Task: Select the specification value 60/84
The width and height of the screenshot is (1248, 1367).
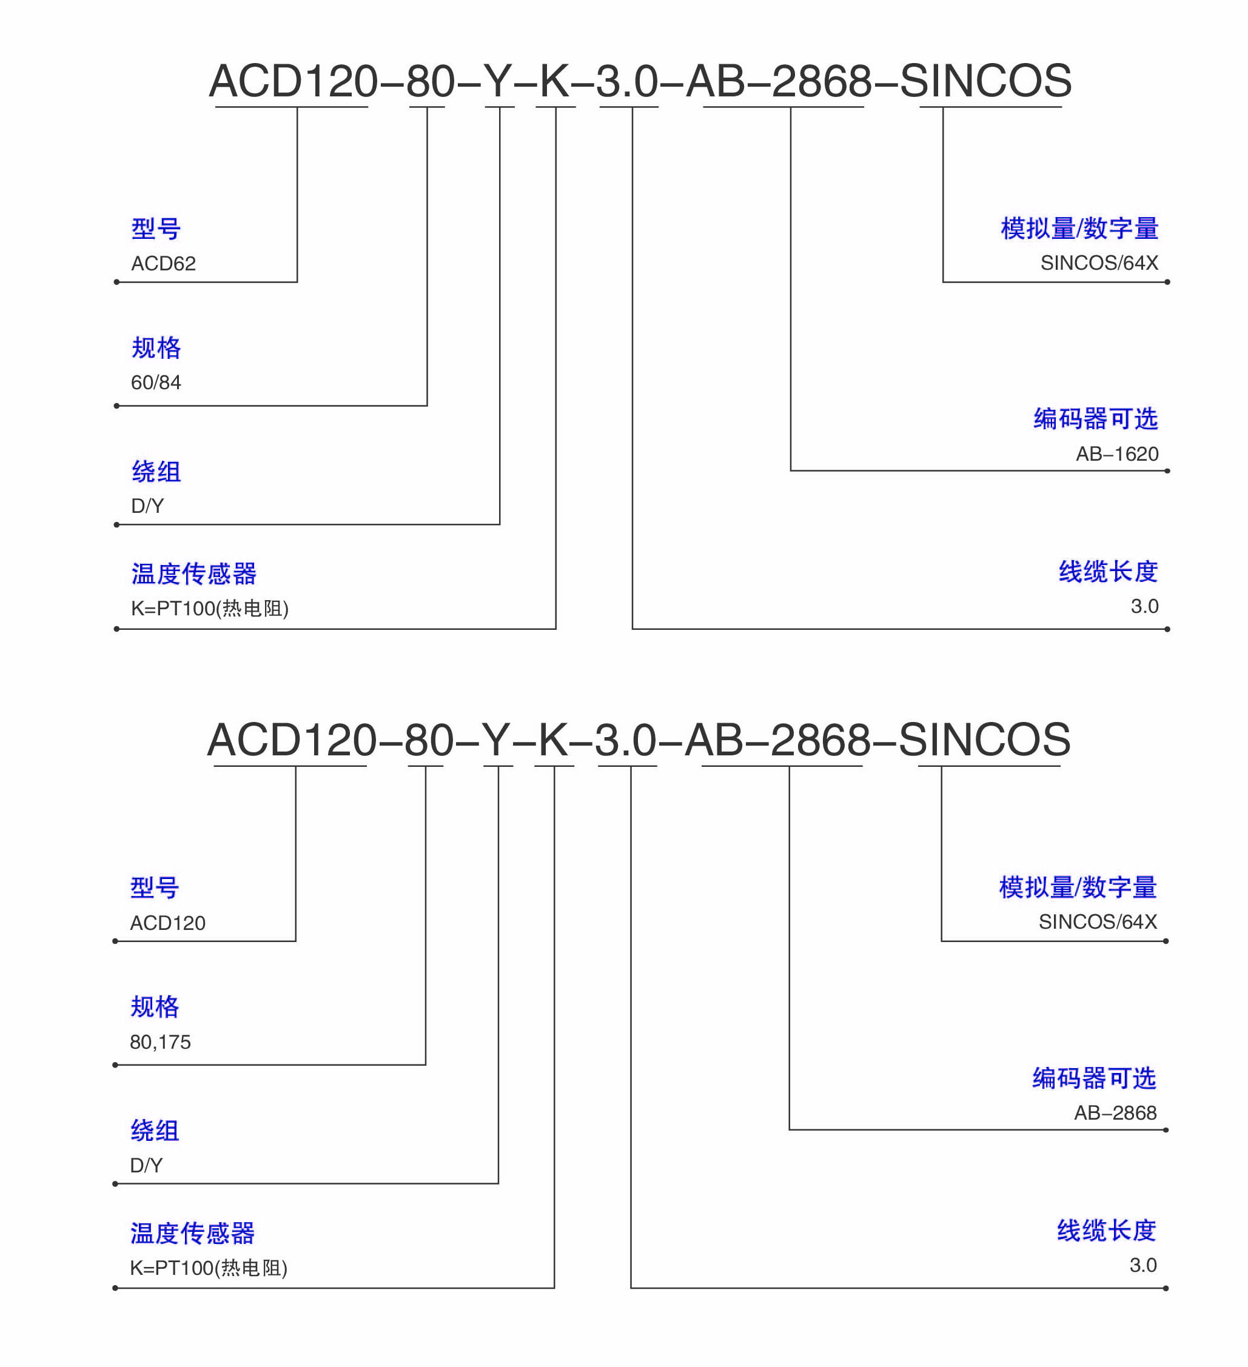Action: point(156,383)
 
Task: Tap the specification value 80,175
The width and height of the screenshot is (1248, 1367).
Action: point(160,1042)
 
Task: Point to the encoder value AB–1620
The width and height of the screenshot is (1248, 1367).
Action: point(1117,453)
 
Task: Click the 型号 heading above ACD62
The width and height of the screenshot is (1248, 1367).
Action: point(156,229)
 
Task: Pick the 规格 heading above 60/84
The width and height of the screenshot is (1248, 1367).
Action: point(156,348)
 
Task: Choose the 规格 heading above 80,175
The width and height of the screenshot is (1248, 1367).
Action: point(155,1007)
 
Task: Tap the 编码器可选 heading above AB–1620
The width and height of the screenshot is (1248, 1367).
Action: point(1095,419)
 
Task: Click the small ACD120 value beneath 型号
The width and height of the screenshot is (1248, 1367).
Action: point(167,923)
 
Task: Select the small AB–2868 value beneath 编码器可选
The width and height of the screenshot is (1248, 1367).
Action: point(1115,1113)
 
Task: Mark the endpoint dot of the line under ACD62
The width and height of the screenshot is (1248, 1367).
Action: point(116,282)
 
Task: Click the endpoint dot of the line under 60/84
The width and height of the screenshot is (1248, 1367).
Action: point(116,406)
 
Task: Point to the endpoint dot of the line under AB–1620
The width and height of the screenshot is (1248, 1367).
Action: point(1167,470)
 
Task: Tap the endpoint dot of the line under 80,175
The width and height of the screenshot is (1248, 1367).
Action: point(115,1065)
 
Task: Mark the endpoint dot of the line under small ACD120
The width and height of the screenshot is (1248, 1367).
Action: point(115,941)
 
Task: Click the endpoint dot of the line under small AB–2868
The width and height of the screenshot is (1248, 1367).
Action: point(1166,1131)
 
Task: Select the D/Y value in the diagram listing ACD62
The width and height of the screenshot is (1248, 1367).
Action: point(147,506)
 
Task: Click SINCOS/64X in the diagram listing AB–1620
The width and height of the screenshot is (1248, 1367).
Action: point(1099,262)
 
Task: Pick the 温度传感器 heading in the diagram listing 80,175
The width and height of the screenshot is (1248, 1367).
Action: point(193,1234)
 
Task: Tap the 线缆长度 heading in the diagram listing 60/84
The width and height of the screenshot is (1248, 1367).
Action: point(1109,572)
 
